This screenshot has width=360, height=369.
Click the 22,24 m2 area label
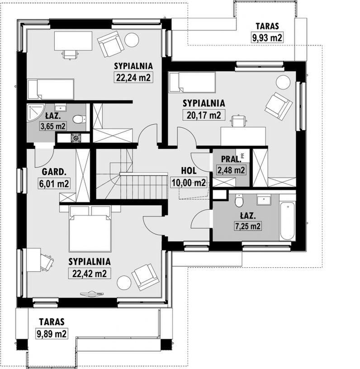click(133, 77)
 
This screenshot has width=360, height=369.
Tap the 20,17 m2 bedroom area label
click(204, 115)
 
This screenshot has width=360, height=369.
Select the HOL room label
click(189, 171)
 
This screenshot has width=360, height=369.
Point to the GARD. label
click(54, 172)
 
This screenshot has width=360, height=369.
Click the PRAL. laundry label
click(231, 159)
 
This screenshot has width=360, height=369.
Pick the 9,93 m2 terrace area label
click(267, 37)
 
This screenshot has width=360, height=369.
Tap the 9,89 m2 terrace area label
click(52, 333)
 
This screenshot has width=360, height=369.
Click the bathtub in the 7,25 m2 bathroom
click(287, 221)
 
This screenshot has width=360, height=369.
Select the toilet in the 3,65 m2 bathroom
click(78, 119)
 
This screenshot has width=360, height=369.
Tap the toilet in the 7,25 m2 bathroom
click(239, 200)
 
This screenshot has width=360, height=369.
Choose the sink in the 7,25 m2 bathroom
click(264, 200)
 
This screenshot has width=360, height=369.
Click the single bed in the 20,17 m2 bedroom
click(192, 82)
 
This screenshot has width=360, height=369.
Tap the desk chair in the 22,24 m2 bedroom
click(70, 55)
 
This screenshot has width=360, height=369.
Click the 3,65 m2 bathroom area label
click(53, 126)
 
